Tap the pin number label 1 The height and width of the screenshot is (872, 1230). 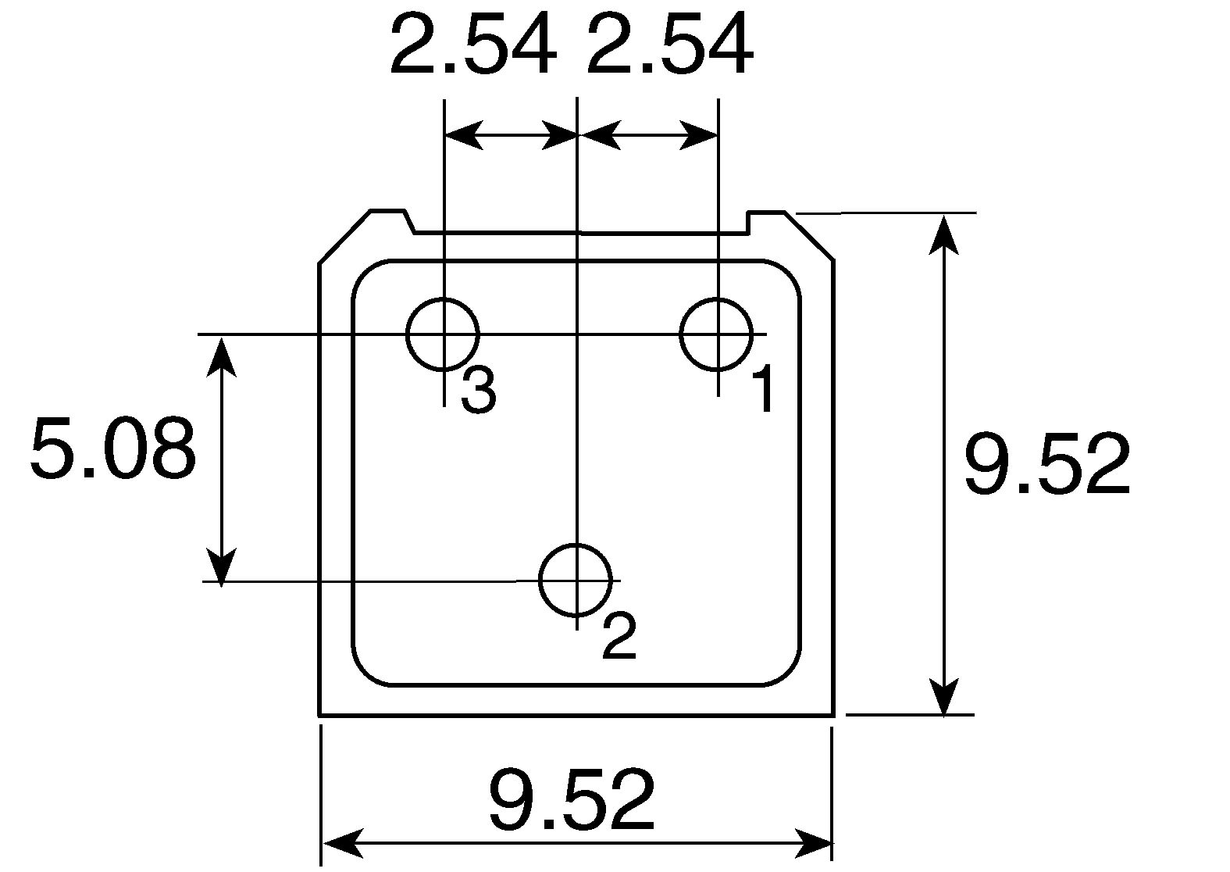(764, 388)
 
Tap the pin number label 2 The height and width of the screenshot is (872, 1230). (619, 635)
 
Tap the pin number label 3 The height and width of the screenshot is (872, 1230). (479, 390)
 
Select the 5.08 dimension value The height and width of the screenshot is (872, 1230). (113, 448)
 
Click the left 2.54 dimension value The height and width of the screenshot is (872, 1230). (473, 44)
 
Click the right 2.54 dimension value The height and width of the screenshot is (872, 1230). (671, 44)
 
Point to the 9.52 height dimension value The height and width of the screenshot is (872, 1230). (1048, 463)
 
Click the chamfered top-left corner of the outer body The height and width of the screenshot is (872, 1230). (345, 237)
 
